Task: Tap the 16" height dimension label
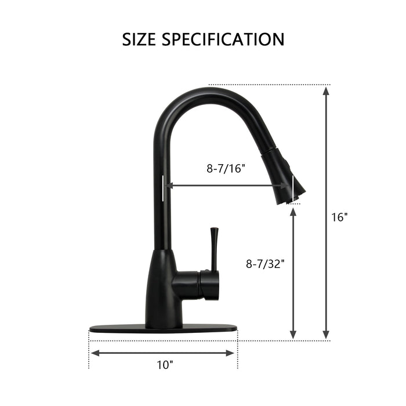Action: pos(339,217)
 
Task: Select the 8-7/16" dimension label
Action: pos(226,169)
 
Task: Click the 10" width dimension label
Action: pos(165,365)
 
